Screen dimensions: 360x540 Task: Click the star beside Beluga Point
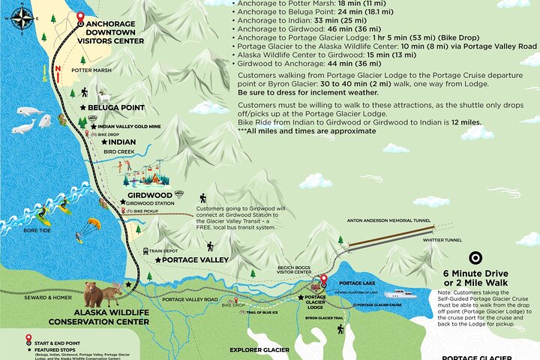(x=82, y=108)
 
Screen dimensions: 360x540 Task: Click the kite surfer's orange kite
(x=94, y=223)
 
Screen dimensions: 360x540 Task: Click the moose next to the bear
(x=115, y=294)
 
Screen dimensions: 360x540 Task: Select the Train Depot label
(x=164, y=251)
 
